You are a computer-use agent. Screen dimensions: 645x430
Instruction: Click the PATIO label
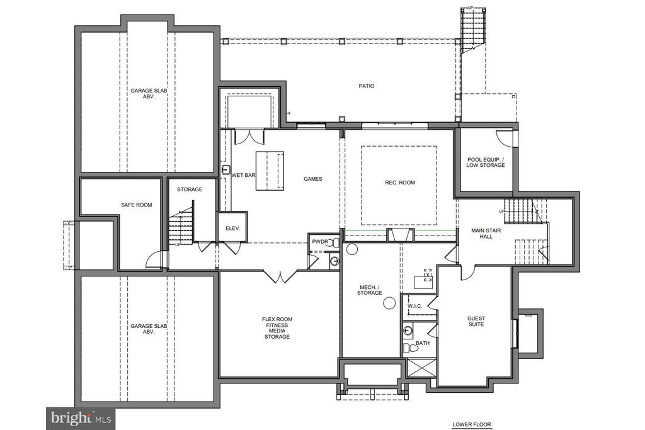(366, 86)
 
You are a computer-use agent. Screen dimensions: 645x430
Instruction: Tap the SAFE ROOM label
(137, 205)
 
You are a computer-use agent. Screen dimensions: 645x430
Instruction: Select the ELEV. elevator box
(232, 227)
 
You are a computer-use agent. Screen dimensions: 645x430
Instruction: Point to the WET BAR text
(244, 175)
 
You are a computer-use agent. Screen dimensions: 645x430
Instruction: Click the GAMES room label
(313, 179)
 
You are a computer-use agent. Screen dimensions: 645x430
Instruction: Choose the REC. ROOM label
(400, 183)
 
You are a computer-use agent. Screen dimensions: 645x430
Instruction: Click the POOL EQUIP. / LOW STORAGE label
(486, 162)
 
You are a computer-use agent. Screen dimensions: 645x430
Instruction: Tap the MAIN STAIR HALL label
(486, 234)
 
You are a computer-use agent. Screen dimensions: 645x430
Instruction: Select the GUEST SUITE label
(476, 321)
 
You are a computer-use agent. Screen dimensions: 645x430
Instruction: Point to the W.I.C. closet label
(415, 306)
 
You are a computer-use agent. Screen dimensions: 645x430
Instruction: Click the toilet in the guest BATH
(410, 348)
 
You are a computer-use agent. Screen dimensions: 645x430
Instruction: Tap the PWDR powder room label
(320, 242)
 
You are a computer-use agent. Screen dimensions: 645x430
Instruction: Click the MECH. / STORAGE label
(369, 290)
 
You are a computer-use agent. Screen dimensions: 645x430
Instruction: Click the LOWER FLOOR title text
(472, 425)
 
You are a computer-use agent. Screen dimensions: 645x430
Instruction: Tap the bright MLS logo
(81, 419)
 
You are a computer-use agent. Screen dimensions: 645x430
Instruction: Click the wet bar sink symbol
(226, 170)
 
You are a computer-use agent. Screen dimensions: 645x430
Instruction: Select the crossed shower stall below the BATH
(421, 368)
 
